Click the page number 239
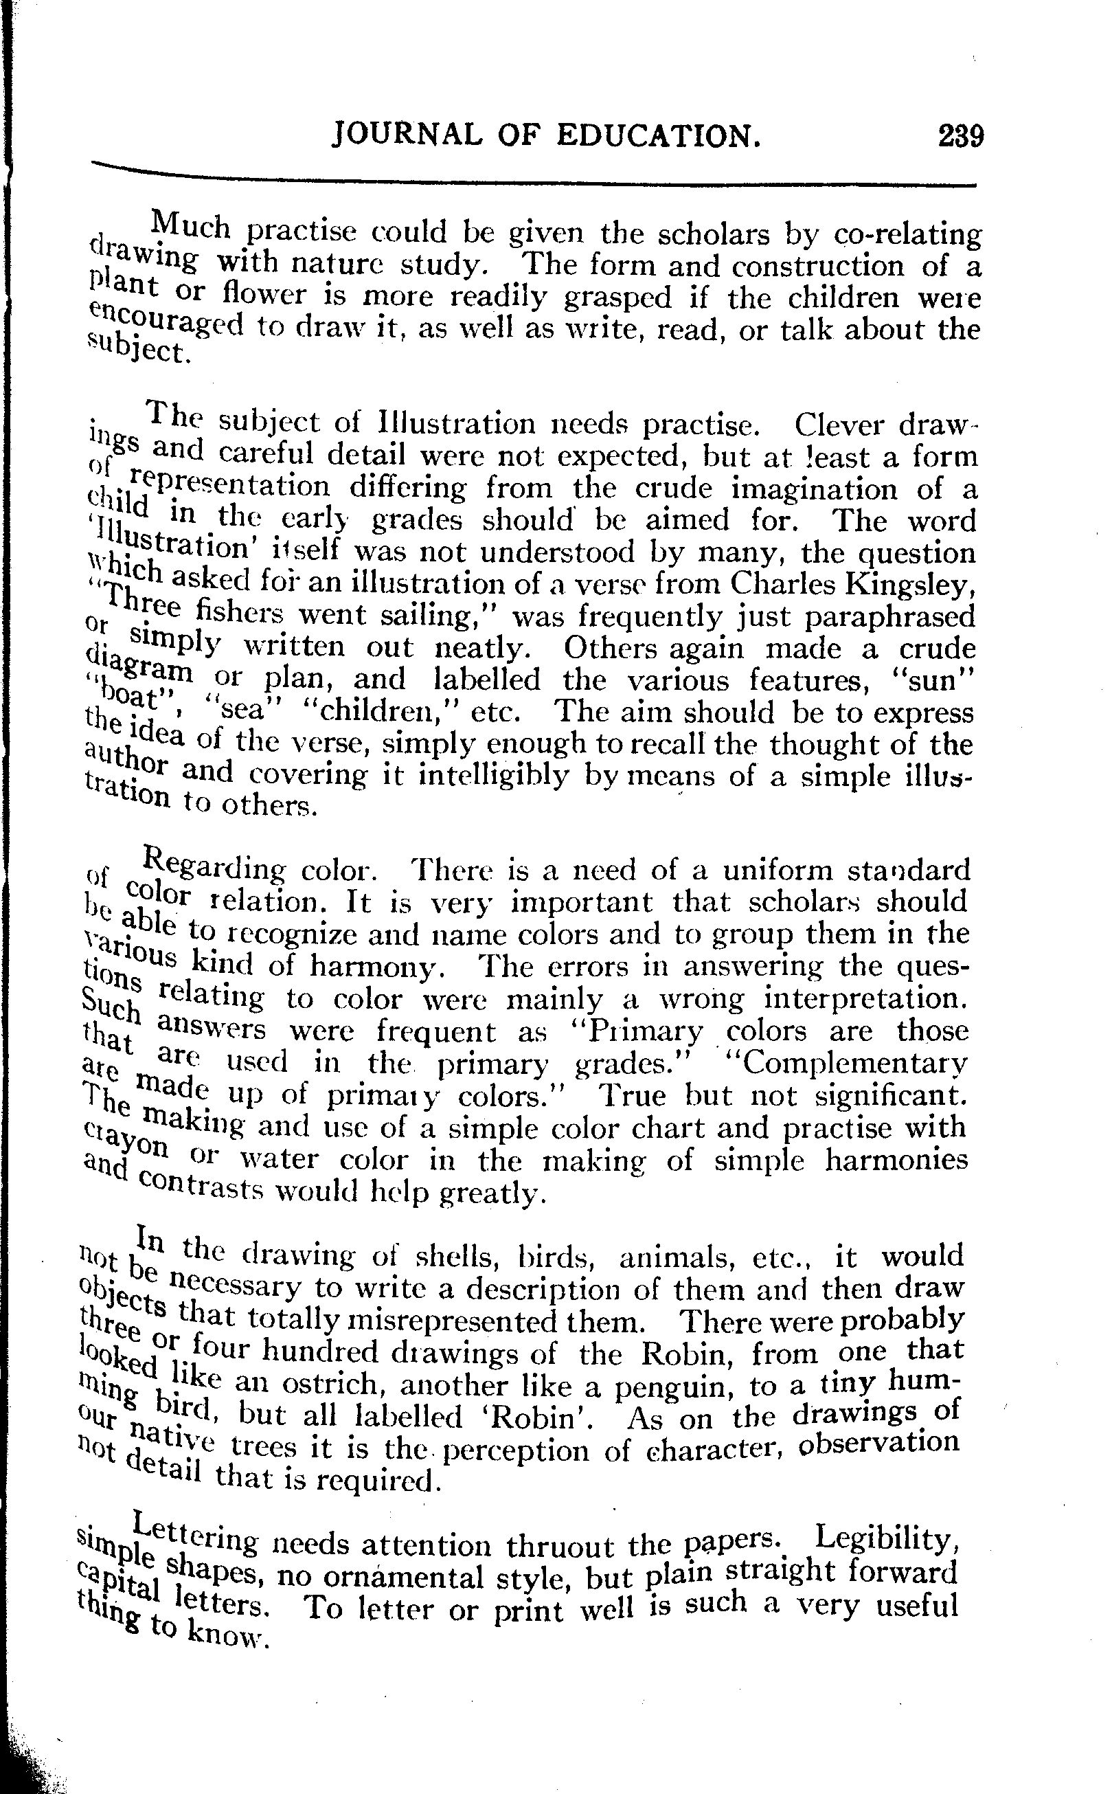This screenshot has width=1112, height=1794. pyautogui.click(x=960, y=137)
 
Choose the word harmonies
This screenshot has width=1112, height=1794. pyautogui.click(x=893, y=1160)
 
